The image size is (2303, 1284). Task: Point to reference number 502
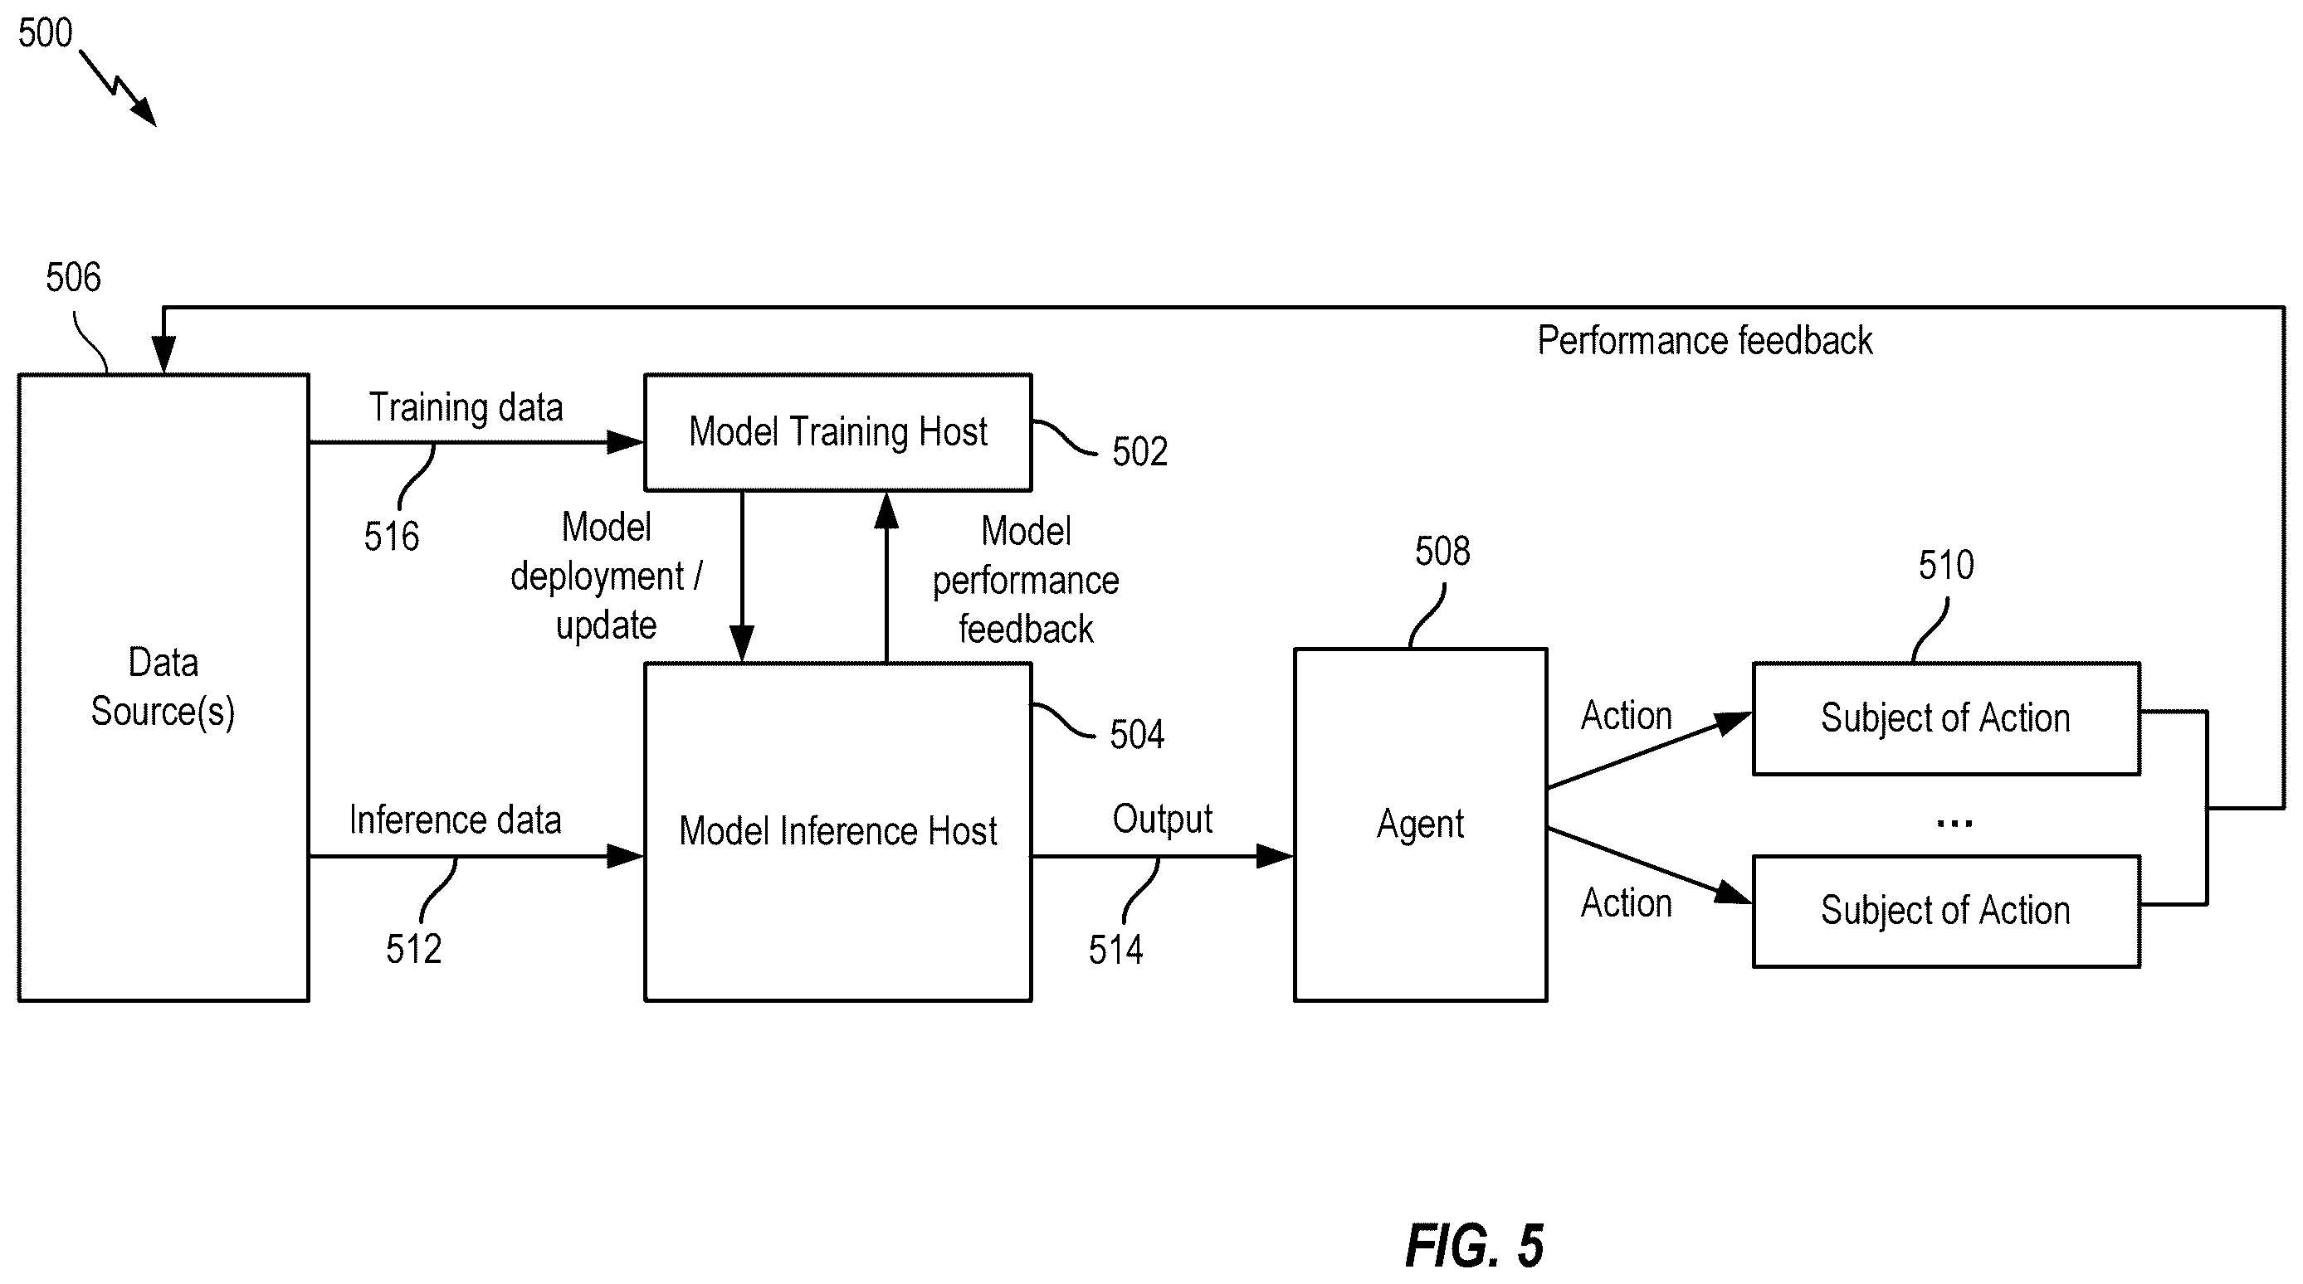pos(1139,452)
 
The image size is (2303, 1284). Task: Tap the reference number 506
pos(73,278)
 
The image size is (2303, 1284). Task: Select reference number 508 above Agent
pos(1442,552)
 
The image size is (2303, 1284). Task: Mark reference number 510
pos(1946,566)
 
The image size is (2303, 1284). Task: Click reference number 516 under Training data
pos(392,537)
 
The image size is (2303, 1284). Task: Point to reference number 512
pos(414,949)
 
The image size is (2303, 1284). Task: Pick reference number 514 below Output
pos(1115,950)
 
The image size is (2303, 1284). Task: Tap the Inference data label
pos(455,820)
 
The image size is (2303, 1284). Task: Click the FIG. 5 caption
pos(1474,1246)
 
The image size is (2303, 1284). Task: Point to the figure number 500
pos(45,33)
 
